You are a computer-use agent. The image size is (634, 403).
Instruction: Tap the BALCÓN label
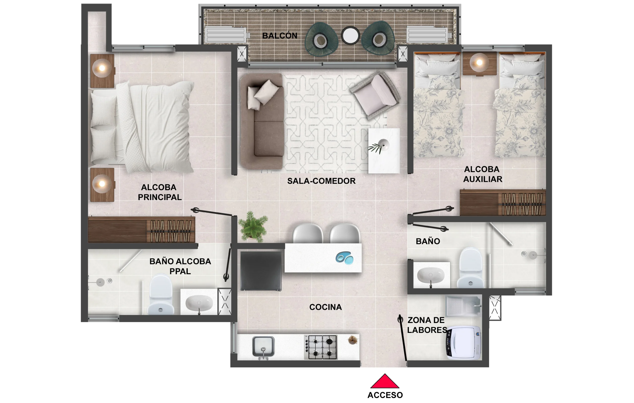point(280,36)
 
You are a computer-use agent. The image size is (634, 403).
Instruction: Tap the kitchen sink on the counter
point(263,346)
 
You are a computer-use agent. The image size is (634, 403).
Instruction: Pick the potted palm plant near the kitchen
point(253,227)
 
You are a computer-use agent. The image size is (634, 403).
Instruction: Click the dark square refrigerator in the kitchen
point(261,271)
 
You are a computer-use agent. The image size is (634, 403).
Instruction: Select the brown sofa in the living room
point(262,121)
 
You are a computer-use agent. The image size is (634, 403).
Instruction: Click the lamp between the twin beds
point(479,63)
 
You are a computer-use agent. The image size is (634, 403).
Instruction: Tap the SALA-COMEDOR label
point(321,181)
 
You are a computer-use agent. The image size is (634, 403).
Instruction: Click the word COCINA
point(325,307)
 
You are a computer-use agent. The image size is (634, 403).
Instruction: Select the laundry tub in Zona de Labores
point(463,306)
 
